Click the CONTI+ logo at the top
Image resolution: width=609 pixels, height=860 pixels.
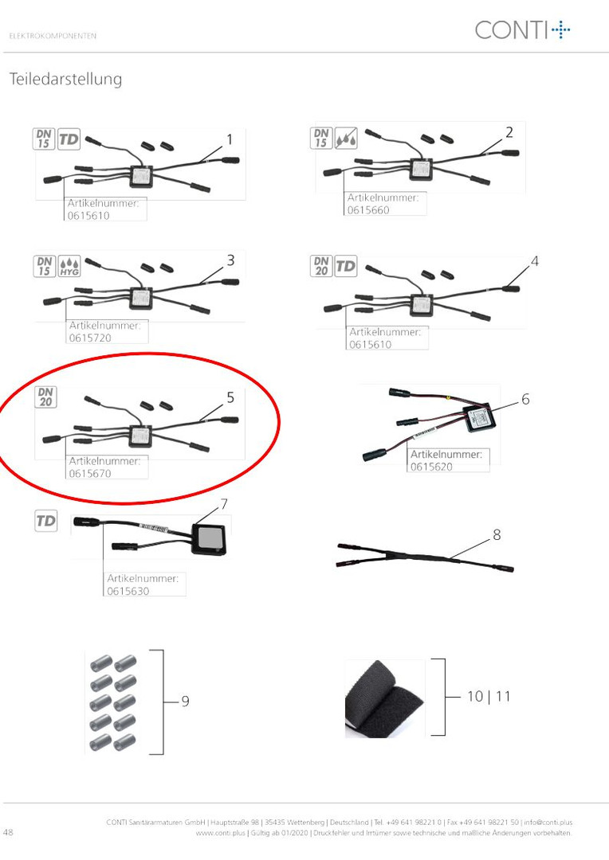(x=522, y=29)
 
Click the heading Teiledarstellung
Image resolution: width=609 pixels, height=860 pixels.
(x=65, y=80)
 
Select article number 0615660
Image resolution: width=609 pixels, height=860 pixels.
(x=368, y=210)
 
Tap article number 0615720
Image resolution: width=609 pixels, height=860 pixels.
(x=90, y=338)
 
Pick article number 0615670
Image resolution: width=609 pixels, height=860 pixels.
(x=90, y=473)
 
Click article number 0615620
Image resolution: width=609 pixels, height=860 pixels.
(x=431, y=467)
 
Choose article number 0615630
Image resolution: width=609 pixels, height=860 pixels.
(x=128, y=591)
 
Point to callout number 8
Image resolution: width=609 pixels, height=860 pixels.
(x=497, y=534)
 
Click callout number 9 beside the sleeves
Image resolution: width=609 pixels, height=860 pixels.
(x=185, y=701)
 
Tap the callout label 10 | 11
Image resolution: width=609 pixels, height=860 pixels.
(x=488, y=697)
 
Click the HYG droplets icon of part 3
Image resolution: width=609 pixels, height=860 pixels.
(x=69, y=266)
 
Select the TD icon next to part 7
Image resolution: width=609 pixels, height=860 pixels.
(x=46, y=521)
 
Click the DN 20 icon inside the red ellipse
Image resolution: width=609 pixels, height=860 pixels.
(x=45, y=397)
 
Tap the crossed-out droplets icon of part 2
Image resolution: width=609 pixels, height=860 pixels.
(x=346, y=139)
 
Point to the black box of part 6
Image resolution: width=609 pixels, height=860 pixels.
(x=480, y=419)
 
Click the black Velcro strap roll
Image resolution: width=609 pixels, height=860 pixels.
(x=384, y=698)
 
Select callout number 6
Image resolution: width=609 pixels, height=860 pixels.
(x=525, y=399)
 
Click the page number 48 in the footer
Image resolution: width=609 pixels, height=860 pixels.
(x=8, y=832)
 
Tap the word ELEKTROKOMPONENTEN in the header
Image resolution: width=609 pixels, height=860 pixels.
(x=53, y=36)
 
